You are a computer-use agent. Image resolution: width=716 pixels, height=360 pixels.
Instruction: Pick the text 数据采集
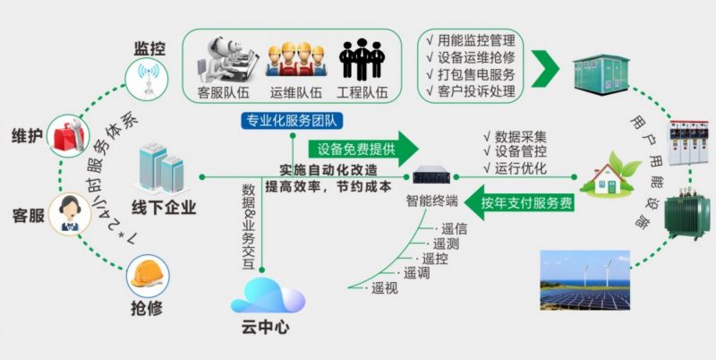(x=520, y=137)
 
